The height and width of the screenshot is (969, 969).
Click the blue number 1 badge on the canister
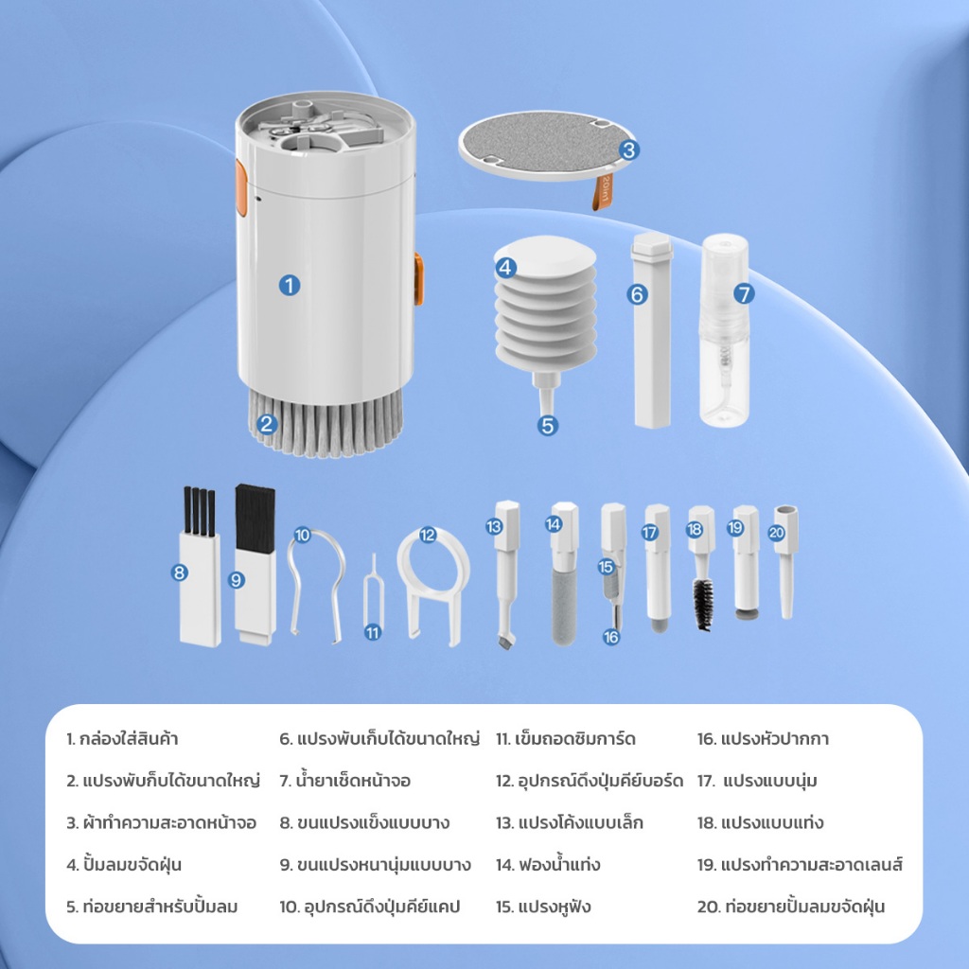(290, 285)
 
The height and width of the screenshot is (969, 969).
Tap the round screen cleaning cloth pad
(547, 145)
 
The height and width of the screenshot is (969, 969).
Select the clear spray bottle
(724, 330)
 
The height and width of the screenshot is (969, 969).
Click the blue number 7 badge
(744, 293)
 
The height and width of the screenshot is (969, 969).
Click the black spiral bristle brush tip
(703, 605)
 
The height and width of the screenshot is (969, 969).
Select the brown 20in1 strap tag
(602, 192)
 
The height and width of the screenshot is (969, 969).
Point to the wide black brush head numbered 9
(255, 518)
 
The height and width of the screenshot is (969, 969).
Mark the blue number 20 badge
(776, 533)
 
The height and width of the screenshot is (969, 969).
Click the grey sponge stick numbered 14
(564, 607)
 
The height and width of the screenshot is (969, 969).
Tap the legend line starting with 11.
(566, 738)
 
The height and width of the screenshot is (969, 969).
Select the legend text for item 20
(791, 907)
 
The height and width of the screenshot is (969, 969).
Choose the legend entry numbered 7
(344, 781)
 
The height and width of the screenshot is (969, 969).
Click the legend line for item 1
(122, 738)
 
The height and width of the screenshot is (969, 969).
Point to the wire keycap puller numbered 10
(315, 584)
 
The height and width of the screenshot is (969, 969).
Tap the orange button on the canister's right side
(419, 279)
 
